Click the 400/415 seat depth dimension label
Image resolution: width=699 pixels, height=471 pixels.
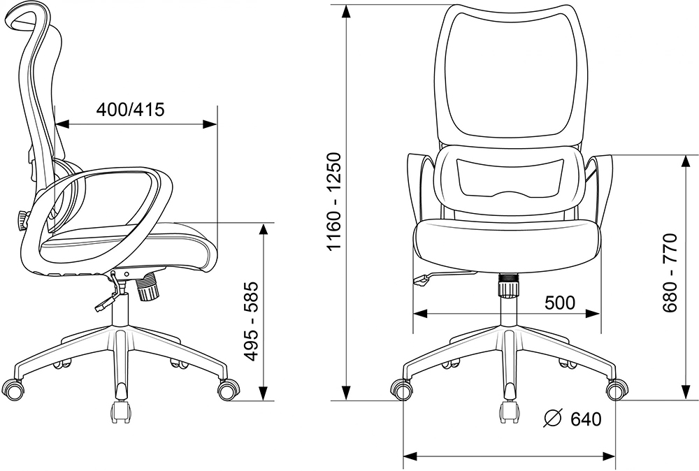pyautogui.click(x=131, y=109)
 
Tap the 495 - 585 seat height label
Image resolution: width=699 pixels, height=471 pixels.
pyautogui.click(x=252, y=321)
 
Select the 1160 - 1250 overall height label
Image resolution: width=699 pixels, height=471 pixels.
pyautogui.click(x=334, y=202)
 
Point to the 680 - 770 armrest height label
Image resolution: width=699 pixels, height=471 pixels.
pyautogui.click(x=670, y=273)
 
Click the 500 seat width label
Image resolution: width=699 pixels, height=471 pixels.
pyautogui.click(x=560, y=303)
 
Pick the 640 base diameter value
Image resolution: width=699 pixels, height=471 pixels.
pyautogui.click(x=586, y=419)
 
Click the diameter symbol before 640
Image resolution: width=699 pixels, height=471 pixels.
pyautogui.click(x=553, y=419)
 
